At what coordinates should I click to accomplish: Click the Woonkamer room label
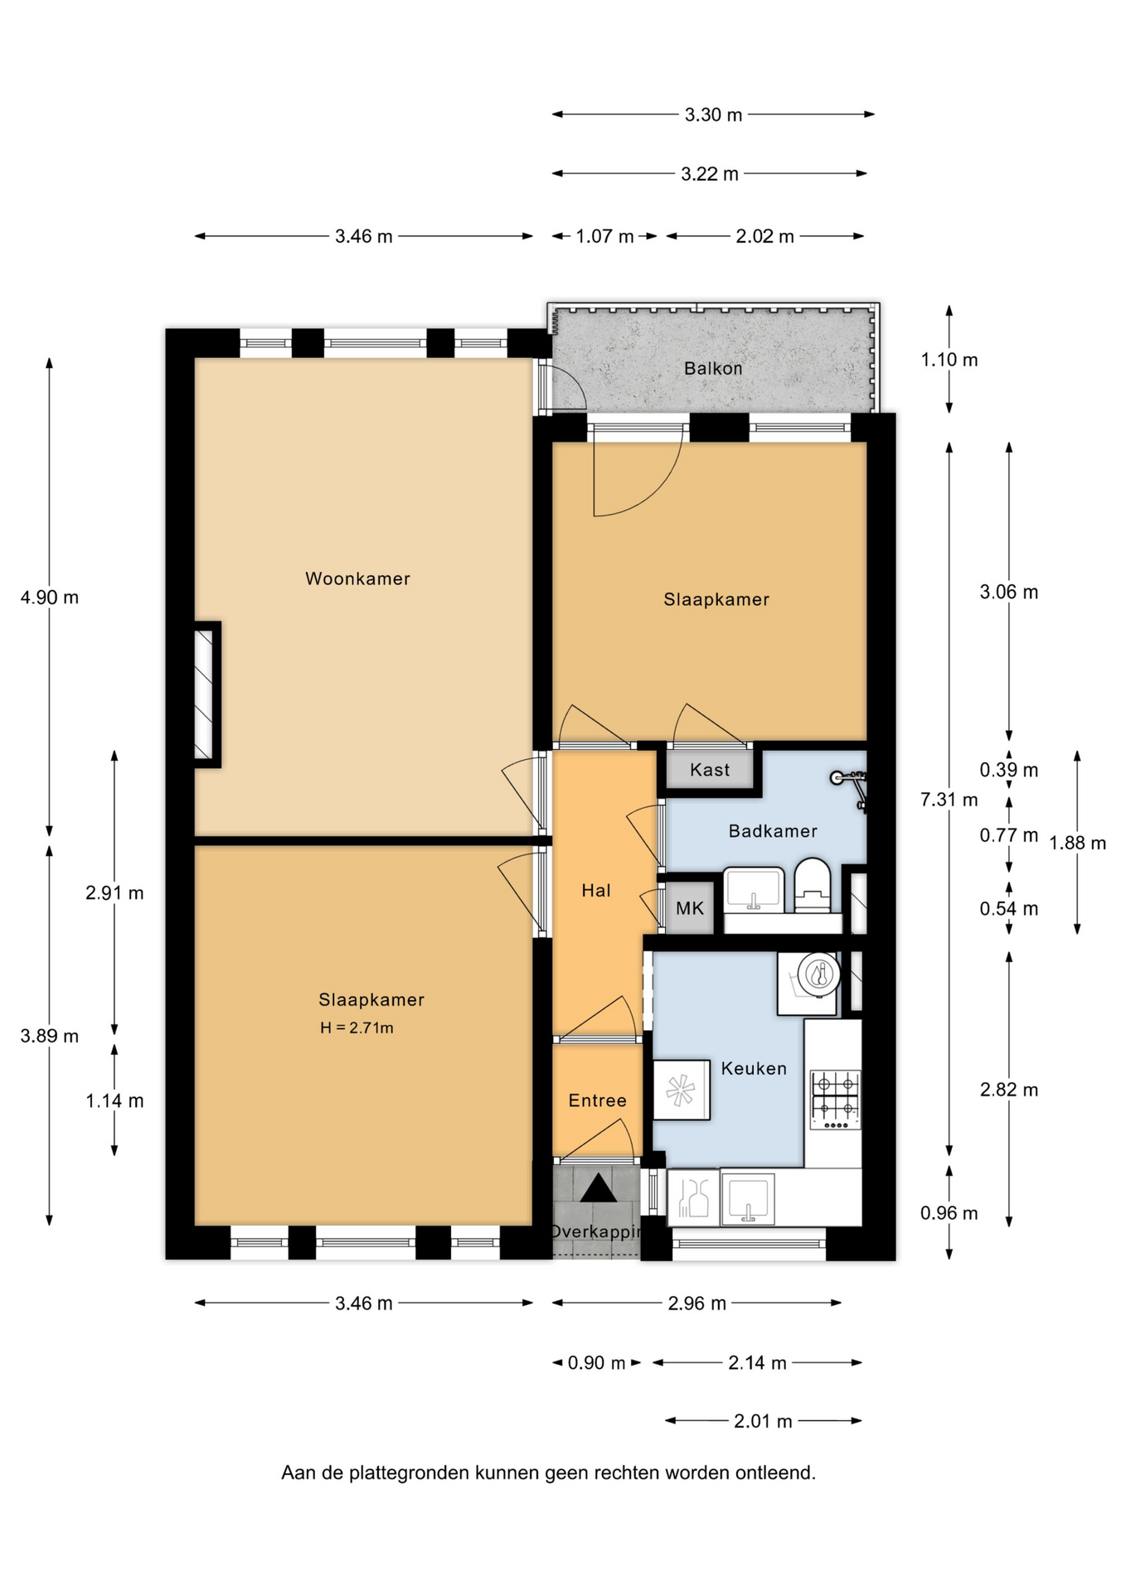click(x=357, y=578)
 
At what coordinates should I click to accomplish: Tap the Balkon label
click(x=713, y=368)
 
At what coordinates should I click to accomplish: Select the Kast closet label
click(x=710, y=770)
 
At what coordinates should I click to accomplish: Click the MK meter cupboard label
click(x=690, y=908)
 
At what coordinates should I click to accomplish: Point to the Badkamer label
click(x=773, y=831)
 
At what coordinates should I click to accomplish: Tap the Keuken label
click(x=754, y=1068)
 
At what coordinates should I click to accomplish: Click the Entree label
click(x=597, y=1100)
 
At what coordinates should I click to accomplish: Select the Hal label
click(x=596, y=891)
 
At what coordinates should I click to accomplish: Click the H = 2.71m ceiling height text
click(x=357, y=1028)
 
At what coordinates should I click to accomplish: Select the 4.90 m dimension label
click(x=50, y=597)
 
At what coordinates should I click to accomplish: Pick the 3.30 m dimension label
click(x=713, y=114)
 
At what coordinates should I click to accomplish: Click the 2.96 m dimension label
click(x=697, y=1303)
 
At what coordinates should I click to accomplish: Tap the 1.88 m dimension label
click(x=1078, y=844)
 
